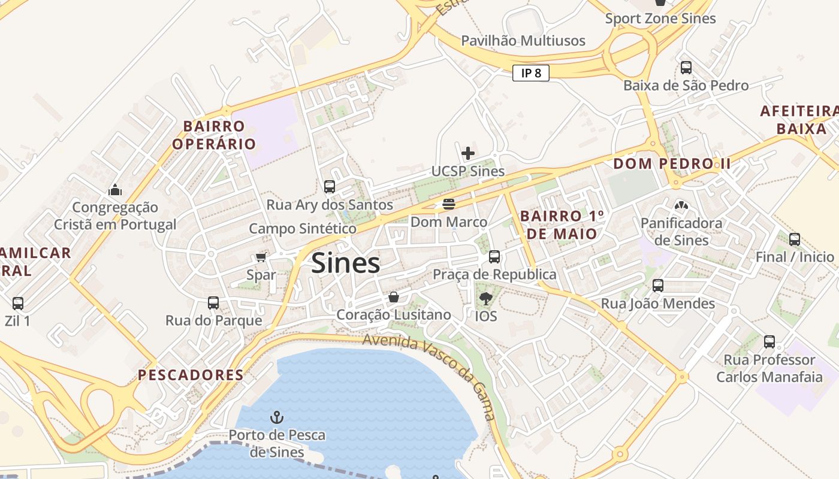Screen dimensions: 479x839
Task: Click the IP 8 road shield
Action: (531, 73)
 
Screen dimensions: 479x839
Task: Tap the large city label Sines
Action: (346, 263)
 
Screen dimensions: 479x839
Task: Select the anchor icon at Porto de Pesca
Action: (277, 417)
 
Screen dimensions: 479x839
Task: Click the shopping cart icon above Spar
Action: (261, 257)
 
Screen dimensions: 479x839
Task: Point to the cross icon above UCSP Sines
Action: (468, 153)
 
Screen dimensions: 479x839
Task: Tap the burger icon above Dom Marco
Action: (449, 204)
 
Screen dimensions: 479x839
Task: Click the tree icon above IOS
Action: (485, 298)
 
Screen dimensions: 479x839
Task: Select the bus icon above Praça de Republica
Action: (494, 257)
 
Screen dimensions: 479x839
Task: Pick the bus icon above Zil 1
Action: (18, 304)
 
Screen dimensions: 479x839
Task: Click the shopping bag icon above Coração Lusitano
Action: (394, 297)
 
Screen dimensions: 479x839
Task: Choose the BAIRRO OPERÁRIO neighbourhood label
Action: (214, 135)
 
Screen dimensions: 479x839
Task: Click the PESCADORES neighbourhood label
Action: (191, 375)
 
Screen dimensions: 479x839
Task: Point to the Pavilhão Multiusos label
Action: (523, 41)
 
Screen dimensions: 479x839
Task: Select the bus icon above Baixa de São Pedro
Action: (686, 68)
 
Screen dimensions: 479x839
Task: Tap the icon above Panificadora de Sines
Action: (681, 205)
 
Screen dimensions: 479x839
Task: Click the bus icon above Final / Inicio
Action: (795, 239)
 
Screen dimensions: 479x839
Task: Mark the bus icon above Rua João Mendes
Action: (658, 286)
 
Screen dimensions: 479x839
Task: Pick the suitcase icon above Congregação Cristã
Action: (115, 190)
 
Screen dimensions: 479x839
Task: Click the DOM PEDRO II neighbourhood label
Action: (672, 163)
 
